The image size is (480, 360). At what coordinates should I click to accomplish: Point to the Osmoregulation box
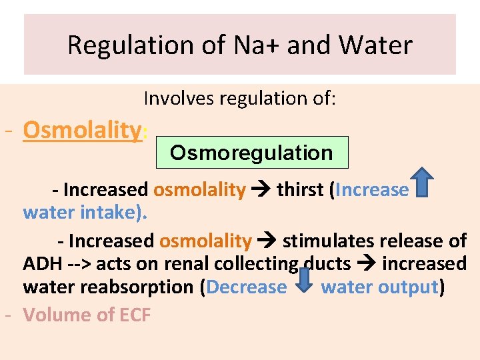(x=251, y=153)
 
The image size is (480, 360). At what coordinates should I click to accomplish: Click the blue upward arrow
(x=421, y=184)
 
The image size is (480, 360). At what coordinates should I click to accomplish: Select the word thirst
(x=300, y=190)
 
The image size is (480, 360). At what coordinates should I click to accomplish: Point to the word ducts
(x=327, y=264)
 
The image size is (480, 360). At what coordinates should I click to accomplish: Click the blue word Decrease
(x=247, y=287)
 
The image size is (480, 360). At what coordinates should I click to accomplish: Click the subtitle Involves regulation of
(x=240, y=99)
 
